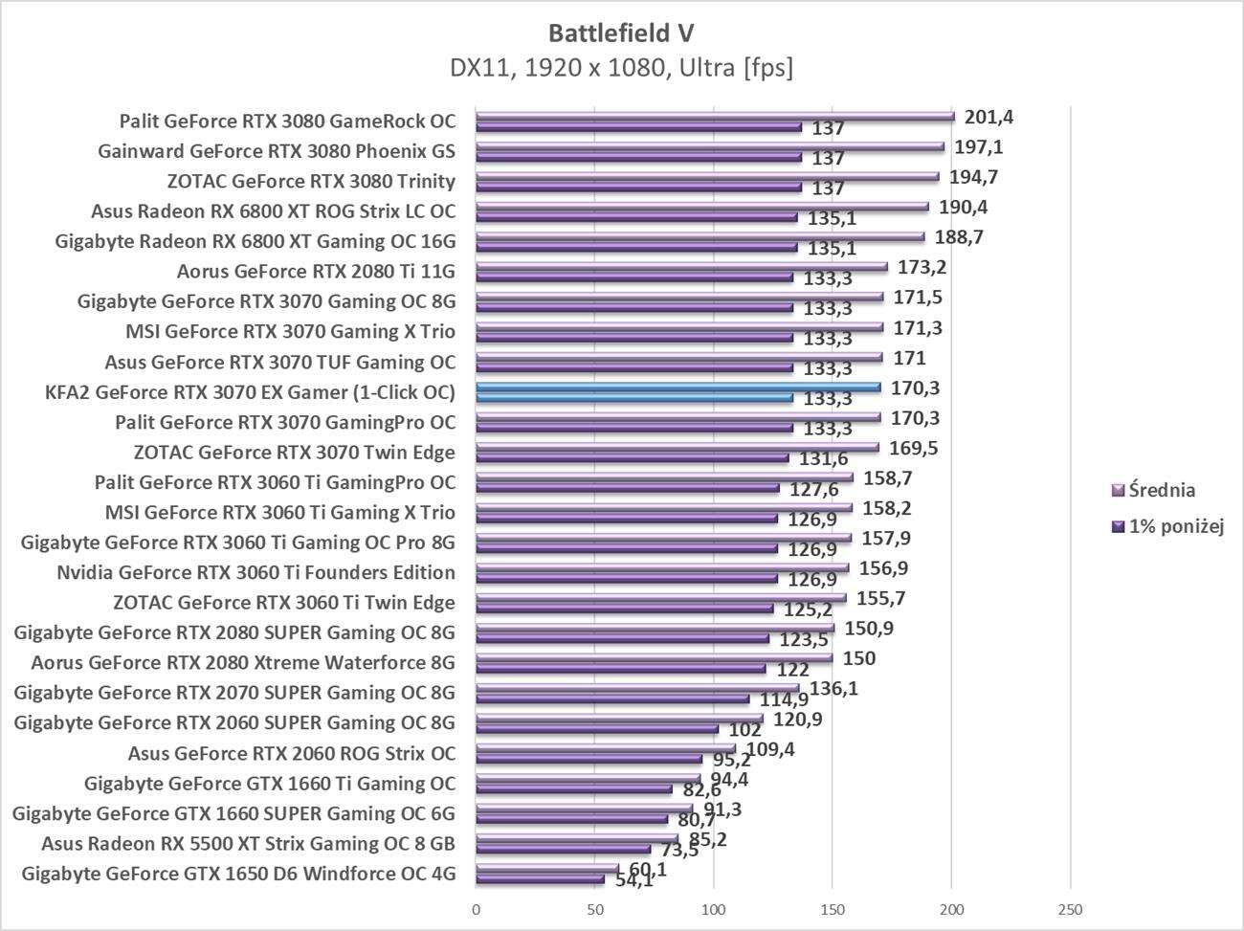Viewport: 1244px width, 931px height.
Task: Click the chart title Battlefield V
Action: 621,33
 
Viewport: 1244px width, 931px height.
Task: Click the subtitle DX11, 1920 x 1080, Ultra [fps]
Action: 621,68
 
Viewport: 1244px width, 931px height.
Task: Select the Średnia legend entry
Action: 1161,491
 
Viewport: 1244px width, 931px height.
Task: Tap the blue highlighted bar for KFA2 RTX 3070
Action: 678,388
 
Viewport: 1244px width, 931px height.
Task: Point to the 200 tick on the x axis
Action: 951,908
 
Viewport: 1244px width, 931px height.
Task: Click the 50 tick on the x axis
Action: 595,908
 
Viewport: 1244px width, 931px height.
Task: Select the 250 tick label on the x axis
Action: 1070,908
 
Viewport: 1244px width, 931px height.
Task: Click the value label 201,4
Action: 989,118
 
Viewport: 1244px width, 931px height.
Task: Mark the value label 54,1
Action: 634,880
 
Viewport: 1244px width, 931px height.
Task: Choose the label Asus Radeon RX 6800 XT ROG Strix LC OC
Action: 273,211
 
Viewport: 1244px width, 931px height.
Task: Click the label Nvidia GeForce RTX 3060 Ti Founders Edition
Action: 255,572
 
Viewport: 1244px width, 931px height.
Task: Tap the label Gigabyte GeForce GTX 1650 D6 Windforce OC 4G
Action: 237,874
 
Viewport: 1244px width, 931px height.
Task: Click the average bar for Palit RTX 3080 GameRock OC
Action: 715,117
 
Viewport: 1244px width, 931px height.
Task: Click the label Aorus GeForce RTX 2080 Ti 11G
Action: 316,272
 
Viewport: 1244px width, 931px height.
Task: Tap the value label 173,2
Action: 922,267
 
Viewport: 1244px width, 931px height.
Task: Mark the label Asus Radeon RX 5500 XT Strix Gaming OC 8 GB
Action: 248,843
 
